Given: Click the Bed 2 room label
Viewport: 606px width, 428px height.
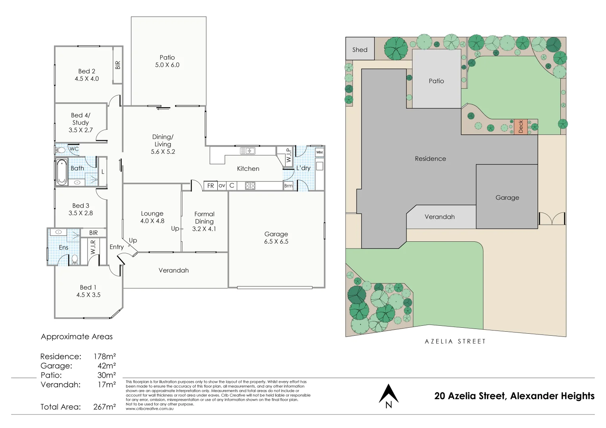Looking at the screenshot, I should tap(86, 71).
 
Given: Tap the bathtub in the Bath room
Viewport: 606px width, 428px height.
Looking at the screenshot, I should tap(61, 172).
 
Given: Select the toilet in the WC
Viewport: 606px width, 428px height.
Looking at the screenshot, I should tap(60, 150).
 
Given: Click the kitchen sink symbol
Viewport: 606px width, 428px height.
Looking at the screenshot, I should tap(247, 151).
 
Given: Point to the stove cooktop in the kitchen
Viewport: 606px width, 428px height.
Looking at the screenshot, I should tap(250, 185).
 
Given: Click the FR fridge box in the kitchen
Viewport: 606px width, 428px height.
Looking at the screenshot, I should tap(211, 185).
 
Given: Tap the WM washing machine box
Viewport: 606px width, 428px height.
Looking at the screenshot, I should tap(319, 152).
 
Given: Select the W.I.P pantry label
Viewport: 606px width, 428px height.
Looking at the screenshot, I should tap(288, 155).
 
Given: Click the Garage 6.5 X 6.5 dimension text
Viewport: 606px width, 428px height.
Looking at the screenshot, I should tap(276, 241).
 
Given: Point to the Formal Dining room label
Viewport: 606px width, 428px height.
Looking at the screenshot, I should tap(204, 218).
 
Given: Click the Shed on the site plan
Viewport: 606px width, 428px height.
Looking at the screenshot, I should tap(360, 49).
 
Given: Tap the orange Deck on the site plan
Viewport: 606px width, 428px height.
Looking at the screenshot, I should tap(521, 126).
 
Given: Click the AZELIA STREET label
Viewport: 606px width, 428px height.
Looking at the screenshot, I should tap(455, 341).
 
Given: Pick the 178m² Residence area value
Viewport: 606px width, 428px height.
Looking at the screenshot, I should tap(105, 356).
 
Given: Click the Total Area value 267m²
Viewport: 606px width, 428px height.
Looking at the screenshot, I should tap(105, 407).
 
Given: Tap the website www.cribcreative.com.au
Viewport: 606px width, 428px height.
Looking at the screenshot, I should tap(150, 409).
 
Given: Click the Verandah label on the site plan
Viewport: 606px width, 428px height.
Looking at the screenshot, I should tap(439, 217).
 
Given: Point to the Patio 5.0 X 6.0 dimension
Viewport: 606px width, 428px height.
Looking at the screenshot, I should tap(167, 65).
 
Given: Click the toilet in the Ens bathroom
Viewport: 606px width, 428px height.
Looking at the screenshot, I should tap(74, 260).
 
